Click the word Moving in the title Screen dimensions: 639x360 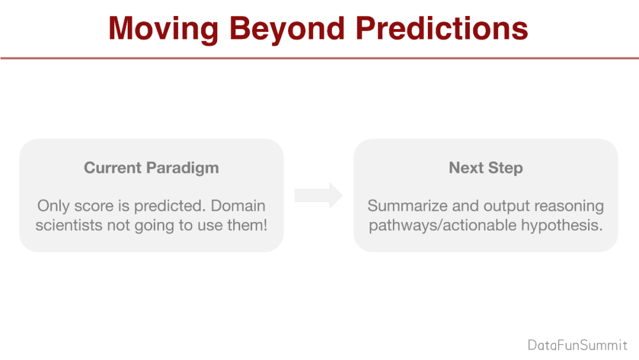pos(163,28)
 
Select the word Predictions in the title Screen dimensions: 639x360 pos(442,28)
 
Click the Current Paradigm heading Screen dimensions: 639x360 pos(151,168)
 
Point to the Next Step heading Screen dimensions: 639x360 pos(486,168)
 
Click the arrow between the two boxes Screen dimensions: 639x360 pos(318,196)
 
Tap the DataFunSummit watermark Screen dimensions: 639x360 pos(577,345)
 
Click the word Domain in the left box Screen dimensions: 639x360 pos(238,206)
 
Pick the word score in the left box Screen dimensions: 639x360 pos(93,206)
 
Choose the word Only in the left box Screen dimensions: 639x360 pos(53,206)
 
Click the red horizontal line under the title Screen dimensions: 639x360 pos(319,58)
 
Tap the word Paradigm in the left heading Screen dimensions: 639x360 pos(183,168)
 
